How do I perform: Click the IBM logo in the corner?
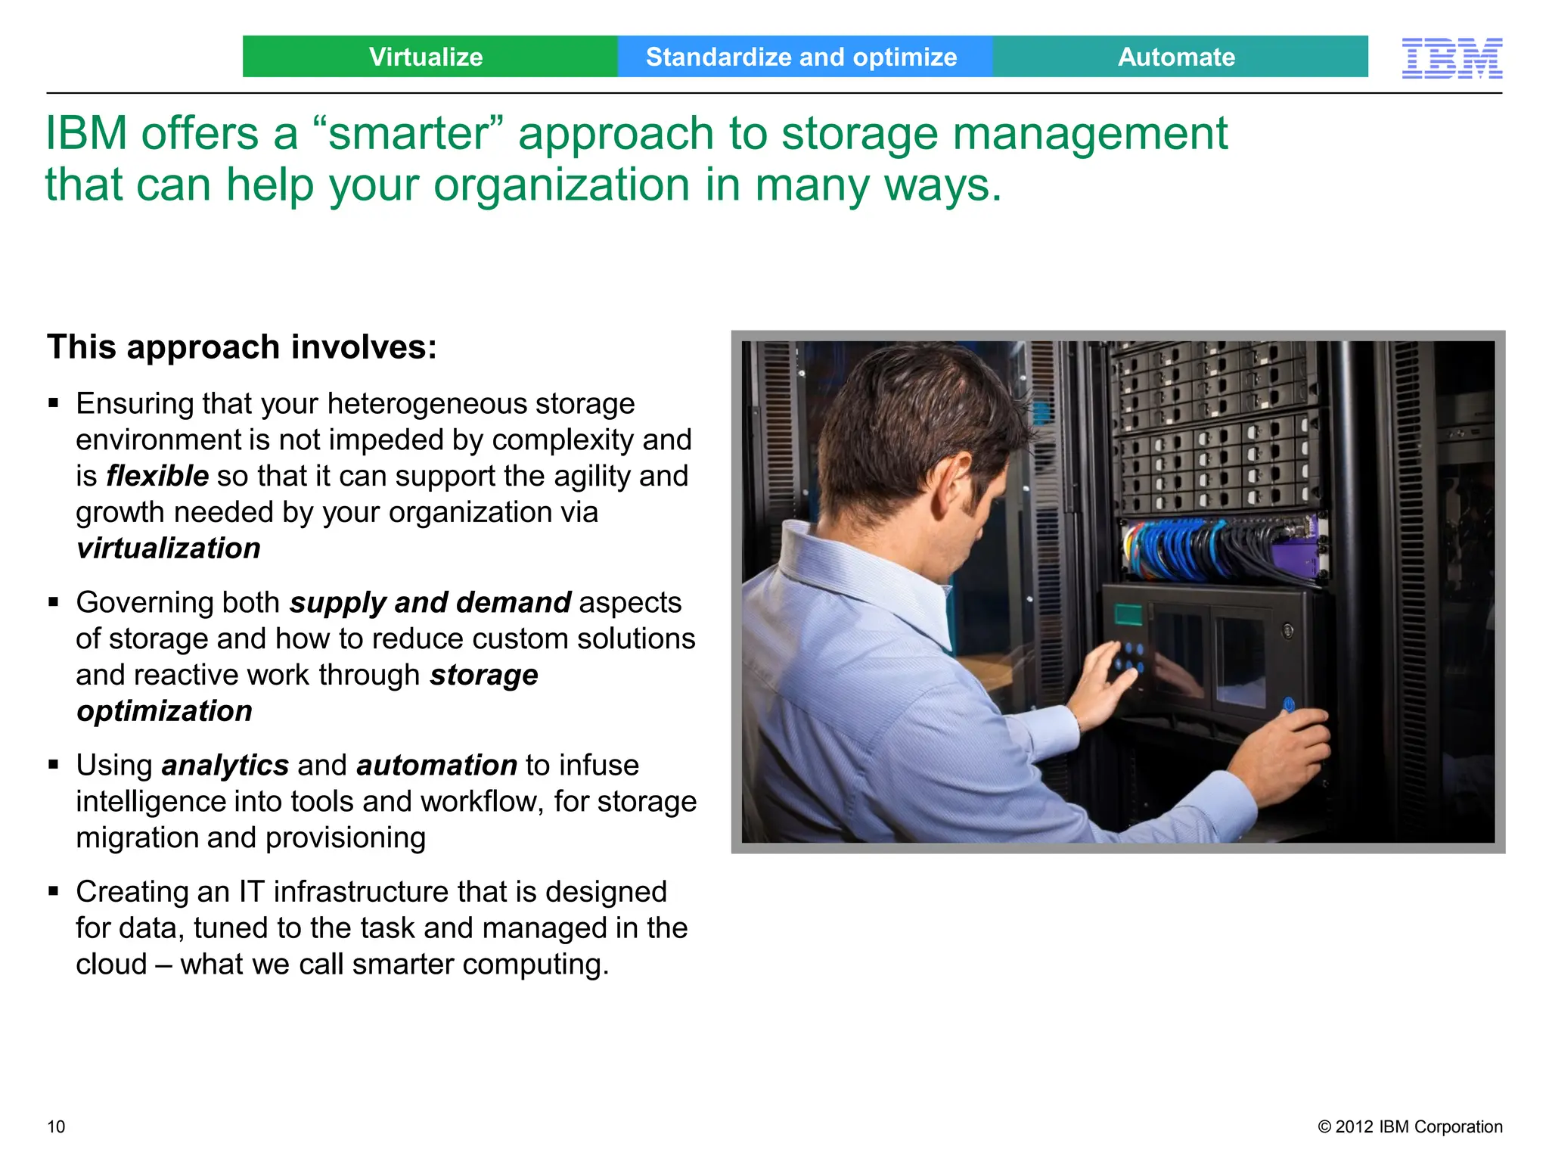1451,58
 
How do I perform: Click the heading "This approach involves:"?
242,347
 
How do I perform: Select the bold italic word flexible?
157,476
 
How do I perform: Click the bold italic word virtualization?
169,548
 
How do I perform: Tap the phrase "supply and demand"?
430,603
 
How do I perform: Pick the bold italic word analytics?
225,766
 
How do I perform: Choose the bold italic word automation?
436,766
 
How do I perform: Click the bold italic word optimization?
164,711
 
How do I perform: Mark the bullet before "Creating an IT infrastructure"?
53,891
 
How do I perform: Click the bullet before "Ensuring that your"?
53,403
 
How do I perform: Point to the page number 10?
56,1126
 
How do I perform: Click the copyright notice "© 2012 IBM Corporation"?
1410,1126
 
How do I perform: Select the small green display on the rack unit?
1128,614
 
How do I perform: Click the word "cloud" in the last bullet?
111,965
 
